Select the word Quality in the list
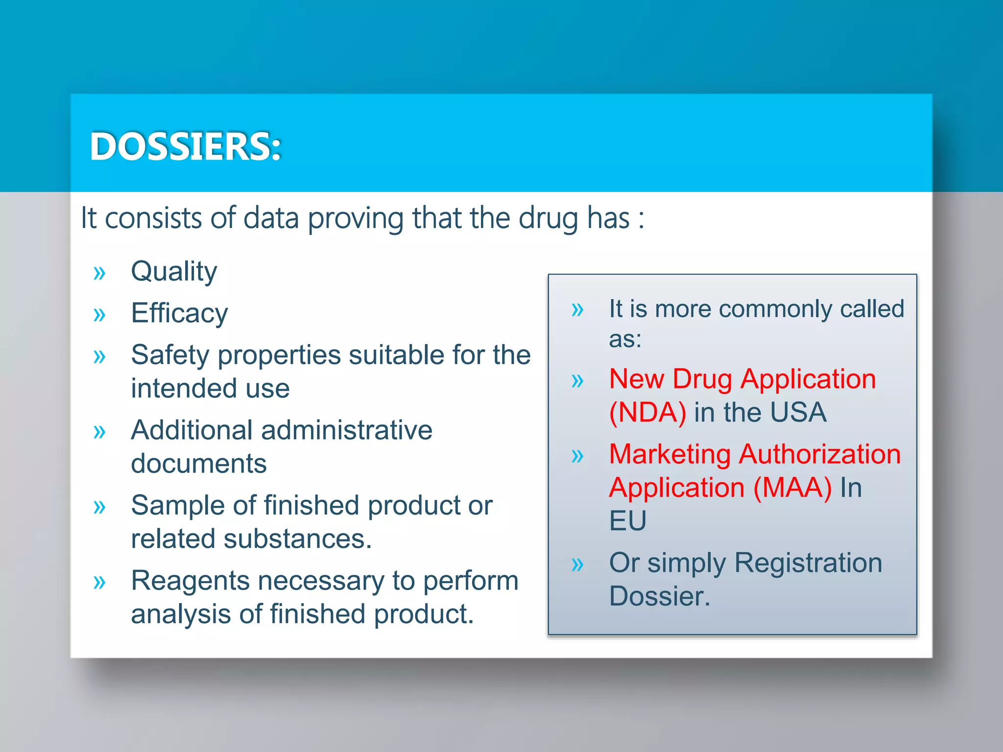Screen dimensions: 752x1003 click(174, 272)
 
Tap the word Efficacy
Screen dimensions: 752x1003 click(179, 313)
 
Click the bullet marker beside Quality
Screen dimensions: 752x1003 click(99, 273)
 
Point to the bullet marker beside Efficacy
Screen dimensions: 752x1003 click(99, 314)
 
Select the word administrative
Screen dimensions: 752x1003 click(347, 430)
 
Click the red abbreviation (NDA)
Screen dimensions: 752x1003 click(647, 413)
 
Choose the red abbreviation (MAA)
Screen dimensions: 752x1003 click(792, 488)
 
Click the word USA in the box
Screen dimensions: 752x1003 click(798, 413)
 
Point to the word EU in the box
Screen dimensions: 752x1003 click(627, 520)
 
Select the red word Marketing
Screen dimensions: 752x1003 click(669, 454)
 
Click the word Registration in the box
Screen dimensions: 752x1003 click(808, 563)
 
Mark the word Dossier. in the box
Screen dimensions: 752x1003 click(659, 596)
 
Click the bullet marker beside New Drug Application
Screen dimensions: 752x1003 click(577, 380)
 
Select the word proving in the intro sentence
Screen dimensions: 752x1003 click(356, 218)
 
